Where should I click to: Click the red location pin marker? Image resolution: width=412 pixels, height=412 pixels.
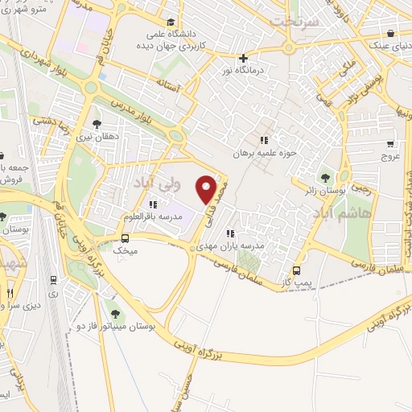207,189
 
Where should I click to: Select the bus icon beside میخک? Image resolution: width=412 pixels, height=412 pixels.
125,238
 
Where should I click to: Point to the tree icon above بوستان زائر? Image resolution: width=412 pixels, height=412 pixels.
325,178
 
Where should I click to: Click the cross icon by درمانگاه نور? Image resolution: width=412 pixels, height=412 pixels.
243,58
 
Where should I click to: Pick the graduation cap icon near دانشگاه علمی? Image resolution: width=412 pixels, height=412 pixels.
171,23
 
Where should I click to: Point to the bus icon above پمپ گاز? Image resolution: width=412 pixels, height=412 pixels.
297,270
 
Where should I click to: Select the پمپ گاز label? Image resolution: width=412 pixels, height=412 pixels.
297,283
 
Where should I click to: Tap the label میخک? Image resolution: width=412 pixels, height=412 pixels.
124,251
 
